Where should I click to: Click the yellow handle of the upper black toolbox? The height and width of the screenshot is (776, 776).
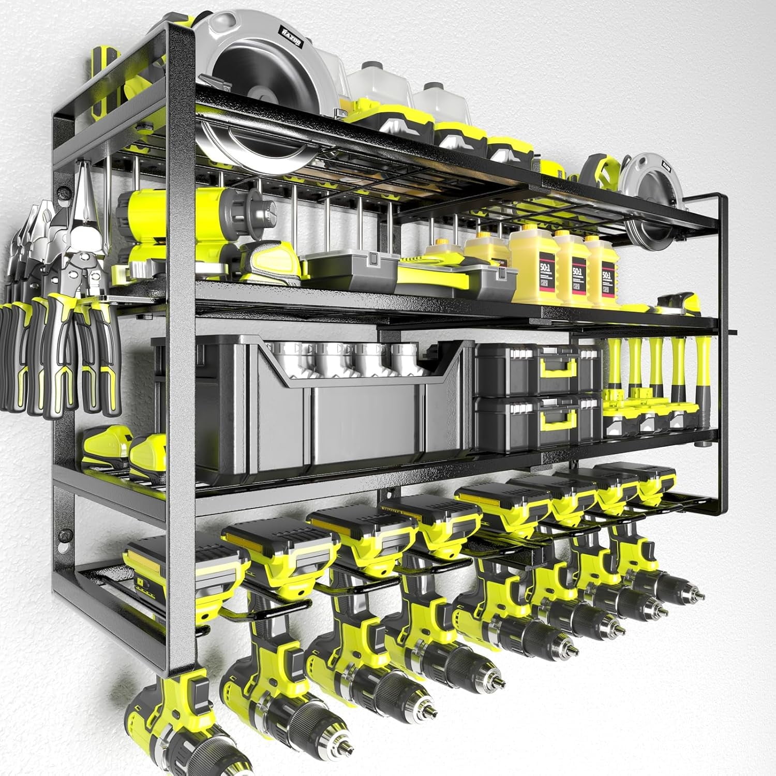tap(554, 368)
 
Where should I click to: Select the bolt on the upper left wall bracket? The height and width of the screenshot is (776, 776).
tap(64, 196)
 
